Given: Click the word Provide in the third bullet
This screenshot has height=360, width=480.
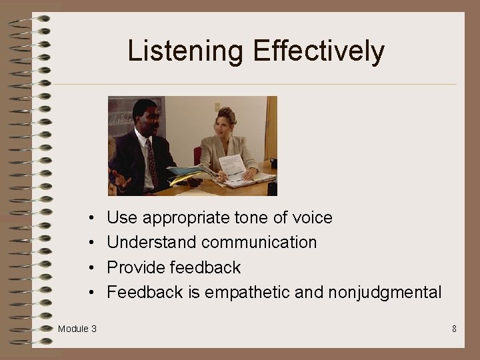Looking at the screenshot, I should pyautogui.click(x=136, y=267).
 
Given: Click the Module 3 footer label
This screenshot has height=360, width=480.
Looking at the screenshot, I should pyautogui.click(x=77, y=329).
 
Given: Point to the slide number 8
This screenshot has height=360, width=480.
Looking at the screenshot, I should pyautogui.click(x=454, y=329).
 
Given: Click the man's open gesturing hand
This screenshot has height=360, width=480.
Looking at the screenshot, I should pyautogui.click(x=121, y=179).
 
